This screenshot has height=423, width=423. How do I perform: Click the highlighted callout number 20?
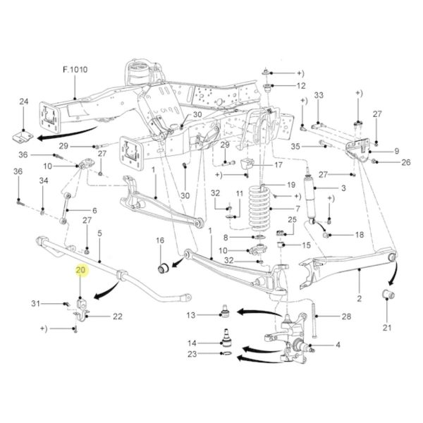(x=80, y=270)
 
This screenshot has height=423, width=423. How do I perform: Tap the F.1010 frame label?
(x=75, y=69)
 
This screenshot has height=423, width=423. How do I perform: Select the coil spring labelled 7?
(x=259, y=207)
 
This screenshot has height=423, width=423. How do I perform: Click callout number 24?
(x=24, y=102)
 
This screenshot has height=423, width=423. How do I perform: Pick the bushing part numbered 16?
(x=163, y=267)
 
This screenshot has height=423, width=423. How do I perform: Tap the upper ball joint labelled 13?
(x=226, y=311)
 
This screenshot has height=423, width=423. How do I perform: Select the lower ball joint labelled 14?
(x=226, y=337)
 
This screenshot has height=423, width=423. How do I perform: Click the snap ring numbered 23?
(x=226, y=354)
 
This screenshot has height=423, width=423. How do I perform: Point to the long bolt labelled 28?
(x=314, y=321)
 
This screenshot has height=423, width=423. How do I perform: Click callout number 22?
(x=118, y=316)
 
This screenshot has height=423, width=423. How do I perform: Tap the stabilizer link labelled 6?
(x=66, y=208)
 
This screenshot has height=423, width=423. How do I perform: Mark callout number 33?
(x=319, y=95)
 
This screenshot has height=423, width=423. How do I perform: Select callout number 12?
(x=301, y=86)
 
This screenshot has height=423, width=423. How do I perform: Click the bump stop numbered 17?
(x=247, y=164)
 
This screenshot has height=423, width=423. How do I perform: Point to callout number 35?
(x=295, y=147)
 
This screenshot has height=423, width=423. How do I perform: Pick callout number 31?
(x=35, y=303)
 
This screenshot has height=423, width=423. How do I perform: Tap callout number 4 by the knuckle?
(x=338, y=345)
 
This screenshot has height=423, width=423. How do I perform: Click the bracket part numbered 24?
(x=23, y=137)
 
